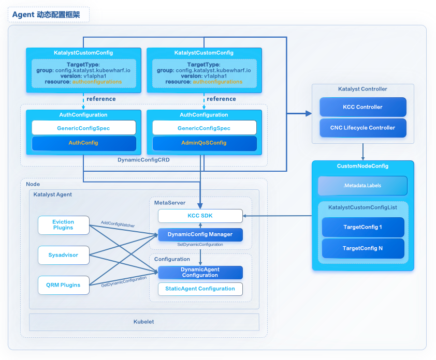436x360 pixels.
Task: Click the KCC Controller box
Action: pyautogui.click(x=362, y=107)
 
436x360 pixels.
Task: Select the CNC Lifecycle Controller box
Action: pyautogui.click(x=362, y=128)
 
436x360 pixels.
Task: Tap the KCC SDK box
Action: pyautogui.click(x=200, y=216)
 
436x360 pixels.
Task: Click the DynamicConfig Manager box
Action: pyautogui.click(x=200, y=234)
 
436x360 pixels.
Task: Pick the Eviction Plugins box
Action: pyautogui.click(x=63, y=224)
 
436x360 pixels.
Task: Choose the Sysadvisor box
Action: pyautogui.click(x=63, y=254)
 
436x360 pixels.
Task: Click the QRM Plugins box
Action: pyautogui.click(x=63, y=284)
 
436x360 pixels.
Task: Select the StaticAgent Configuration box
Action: pyautogui.click(x=200, y=289)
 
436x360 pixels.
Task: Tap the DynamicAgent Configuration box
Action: pyautogui.click(x=200, y=272)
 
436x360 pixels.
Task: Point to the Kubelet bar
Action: pyautogui.click(x=144, y=322)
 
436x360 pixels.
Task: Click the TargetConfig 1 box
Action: pyautogui.click(x=362, y=227)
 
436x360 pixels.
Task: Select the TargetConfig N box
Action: pyautogui.click(x=362, y=248)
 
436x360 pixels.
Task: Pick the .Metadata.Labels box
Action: pyautogui.click(x=362, y=186)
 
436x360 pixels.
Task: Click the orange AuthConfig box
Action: pyautogui.click(x=83, y=143)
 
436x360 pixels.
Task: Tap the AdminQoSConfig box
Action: pyautogui.click(x=204, y=143)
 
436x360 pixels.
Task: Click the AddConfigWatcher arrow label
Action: pyautogui.click(x=118, y=222)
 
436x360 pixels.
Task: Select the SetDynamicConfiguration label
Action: pyautogui.click(x=200, y=244)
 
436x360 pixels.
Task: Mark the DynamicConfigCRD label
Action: pyautogui.click(x=143, y=160)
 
